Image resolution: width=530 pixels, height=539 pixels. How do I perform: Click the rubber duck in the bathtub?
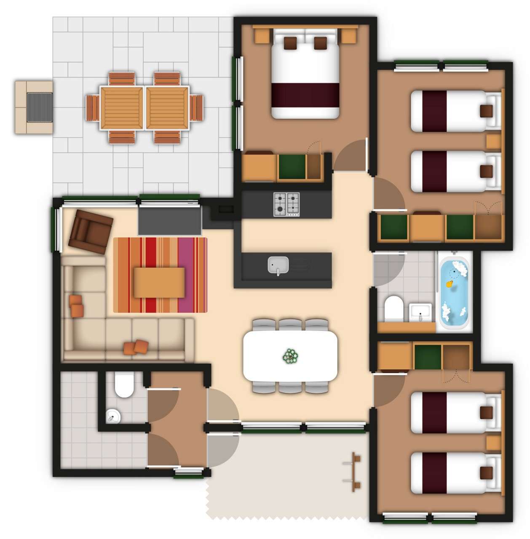pyautogui.click(x=450, y=284)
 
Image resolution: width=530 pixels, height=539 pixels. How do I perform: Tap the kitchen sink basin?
pyautogui.click(x=278, y=265)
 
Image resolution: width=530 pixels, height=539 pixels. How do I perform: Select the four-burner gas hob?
pyautogui.click(x=286, y=204)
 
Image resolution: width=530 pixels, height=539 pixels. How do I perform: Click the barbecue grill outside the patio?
pyautogui.click(x=40, y=107)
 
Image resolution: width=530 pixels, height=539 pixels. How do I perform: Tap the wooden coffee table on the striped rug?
pyautogui.click(x=159, y=283)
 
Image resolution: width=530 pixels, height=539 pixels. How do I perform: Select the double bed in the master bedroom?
pyautogui.click(x=305, y=74)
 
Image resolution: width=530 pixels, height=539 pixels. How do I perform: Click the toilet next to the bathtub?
pyautogui.click(x=393, y=308)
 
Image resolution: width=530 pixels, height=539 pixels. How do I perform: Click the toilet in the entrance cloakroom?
pyautogui.click(x=124, y=385)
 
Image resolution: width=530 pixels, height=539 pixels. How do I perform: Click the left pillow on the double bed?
pyautogui.click(x=290, y=43)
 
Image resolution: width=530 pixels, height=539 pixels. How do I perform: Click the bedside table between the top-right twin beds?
pyautogui.click(x=493, y=142)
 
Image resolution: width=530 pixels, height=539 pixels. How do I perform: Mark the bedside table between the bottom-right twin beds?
pyautogui.click(x=493, y=443)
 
